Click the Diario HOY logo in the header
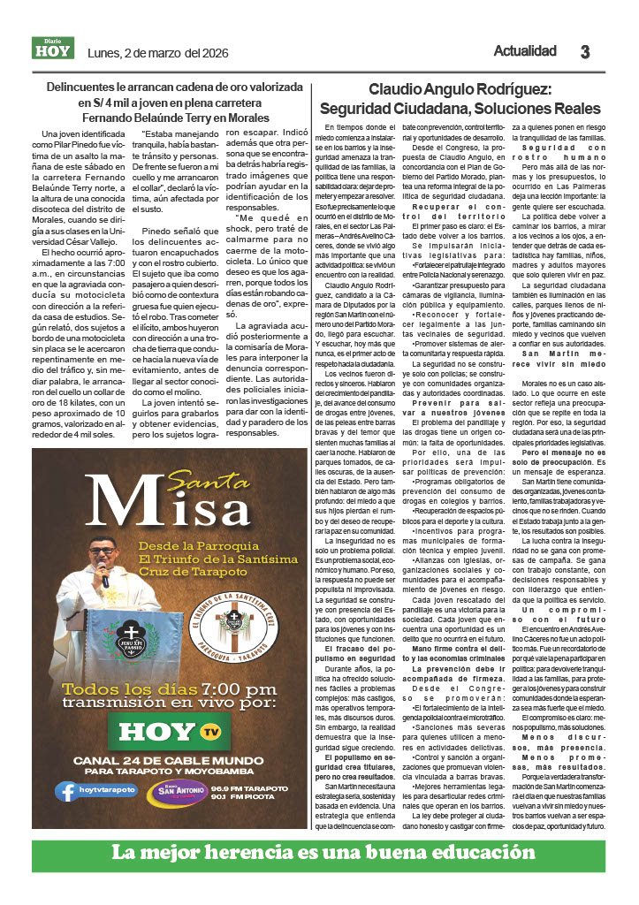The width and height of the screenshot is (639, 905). [54, 49]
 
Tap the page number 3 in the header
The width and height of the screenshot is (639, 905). [584, 52]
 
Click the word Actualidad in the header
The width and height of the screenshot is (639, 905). [525, 50]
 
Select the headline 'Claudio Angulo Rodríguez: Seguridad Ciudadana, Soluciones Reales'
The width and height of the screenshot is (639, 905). [460, 99]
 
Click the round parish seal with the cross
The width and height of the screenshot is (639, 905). [234, 616]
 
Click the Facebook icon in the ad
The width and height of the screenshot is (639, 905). [65, 791]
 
